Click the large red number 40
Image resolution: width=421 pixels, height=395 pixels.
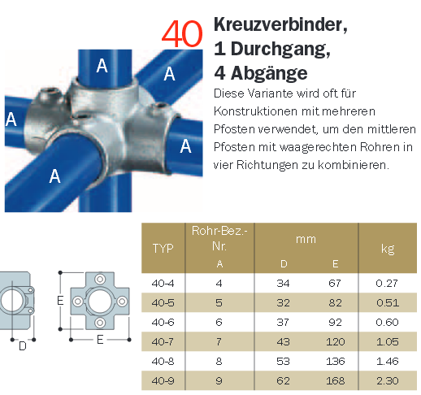pos(182,34)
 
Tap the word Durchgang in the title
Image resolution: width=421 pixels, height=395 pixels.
pos(280,50)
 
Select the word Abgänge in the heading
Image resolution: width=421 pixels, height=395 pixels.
pos(269,73)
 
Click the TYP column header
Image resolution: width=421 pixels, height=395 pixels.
pos(163,248)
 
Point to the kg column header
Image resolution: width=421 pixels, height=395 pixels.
pos(388,249)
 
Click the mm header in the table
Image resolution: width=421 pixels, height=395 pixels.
pos(306,240)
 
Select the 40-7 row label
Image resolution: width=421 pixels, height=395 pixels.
pos(163,341)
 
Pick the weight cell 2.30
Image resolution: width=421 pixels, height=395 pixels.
pos(388,380)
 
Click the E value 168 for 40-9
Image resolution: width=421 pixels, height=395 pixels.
pos(335,380)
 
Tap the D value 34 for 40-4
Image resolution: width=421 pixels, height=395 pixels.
pos(283,283)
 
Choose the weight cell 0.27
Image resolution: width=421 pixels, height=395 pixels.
pos(387,283)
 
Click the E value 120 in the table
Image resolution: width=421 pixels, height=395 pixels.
pos(335,341)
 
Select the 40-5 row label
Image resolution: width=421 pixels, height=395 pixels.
pos(163,302)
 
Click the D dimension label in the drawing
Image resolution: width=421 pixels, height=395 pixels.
pos(23,346)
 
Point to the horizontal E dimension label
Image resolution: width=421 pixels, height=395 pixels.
pos(100,340)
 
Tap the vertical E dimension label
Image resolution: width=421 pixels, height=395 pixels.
pos(60,300)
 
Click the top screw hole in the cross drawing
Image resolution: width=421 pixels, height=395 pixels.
pos(100,279)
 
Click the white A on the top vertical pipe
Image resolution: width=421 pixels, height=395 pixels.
pos(102,66)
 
